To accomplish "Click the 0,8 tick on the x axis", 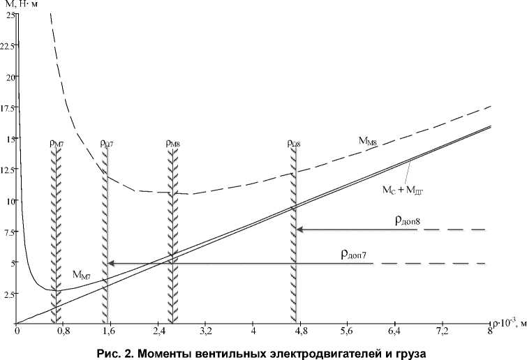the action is click(x=64, y=330).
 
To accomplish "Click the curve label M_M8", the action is click(x=369, y=142).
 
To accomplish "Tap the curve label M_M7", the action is click(x=82, y=274).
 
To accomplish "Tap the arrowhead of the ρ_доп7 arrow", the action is click(x=110, y=263).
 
